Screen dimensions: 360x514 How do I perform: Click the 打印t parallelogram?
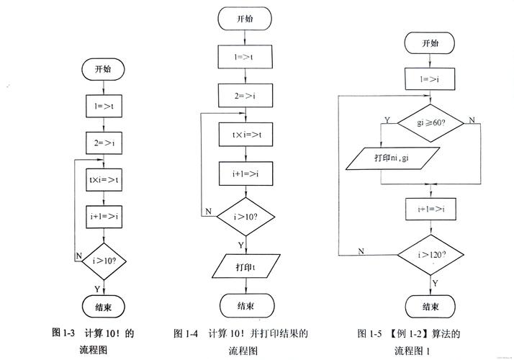pyautogui.click(x=245, y=268)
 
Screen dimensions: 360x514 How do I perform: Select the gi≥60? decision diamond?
pyautogui.click(x=430, y=122)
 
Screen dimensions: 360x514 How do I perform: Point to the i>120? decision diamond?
pyautogui.click(x=430, y=255)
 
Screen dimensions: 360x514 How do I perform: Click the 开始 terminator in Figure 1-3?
pyautogui.click(x=104, y=69)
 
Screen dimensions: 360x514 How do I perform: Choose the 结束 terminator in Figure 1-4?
pyautogui.click(x=245, y=305)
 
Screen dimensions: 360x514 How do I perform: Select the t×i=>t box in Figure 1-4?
pyautogui.click(x=245, y=134)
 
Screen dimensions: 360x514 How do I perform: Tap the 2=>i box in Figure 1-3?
pyautogui.click(x=104, y=142)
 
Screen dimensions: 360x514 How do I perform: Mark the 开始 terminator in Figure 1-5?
pyautogui.click(x=430, y=43)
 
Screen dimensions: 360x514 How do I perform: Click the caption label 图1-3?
pyautogui.click(x=64, y=333)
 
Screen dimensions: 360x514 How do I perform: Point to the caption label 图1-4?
pyautogui.click(x=186, y=333)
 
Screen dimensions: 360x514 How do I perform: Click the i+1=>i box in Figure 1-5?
pyautogui.click(x=430, y=209)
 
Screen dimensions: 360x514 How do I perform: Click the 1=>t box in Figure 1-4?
pyautogui.click(x=245, y=55)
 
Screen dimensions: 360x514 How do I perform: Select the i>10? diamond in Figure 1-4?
pyautogui.click(x=245, y=217)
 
